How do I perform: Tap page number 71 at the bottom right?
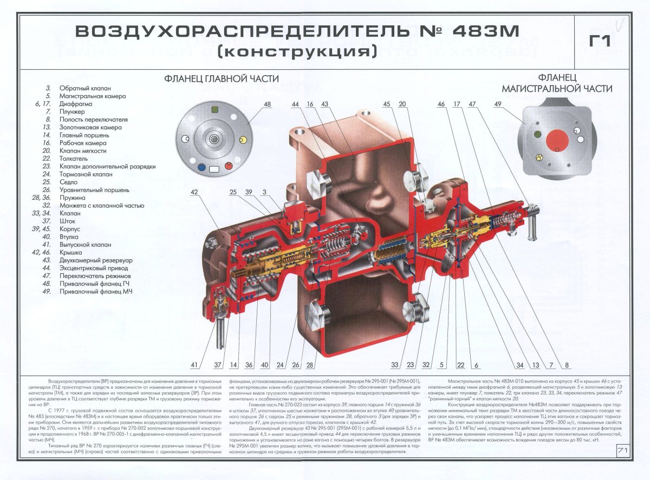pyautogui.click(x=622, y=450)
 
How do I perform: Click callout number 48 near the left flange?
pyautogui.click(x=267, y=104)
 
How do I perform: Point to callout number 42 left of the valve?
pyautogui.click(x=194, y=192)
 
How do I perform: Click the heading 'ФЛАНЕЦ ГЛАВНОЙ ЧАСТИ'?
pyautogui.click(x=218, y=79)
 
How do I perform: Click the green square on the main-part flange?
pyautogui.click(x=215, y=109)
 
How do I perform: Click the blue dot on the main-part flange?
pyautogui.click(x=201, y=167)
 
